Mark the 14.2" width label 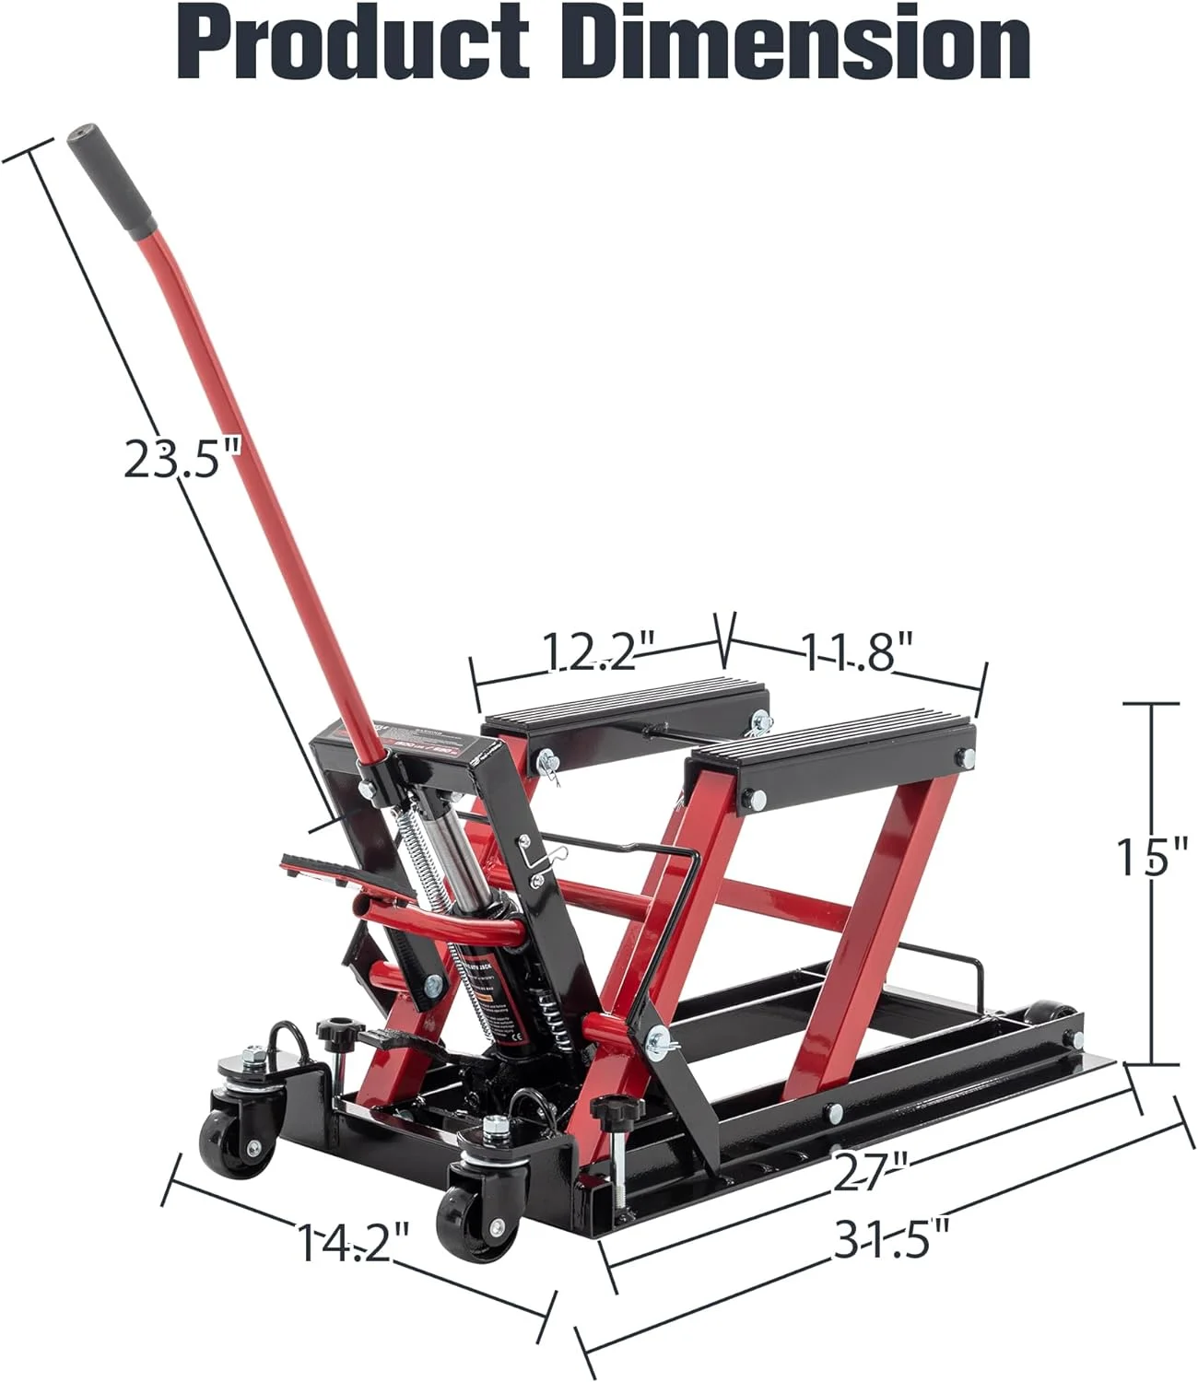click(x=352, y=1244)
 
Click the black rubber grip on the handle click(x=112, y=181)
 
